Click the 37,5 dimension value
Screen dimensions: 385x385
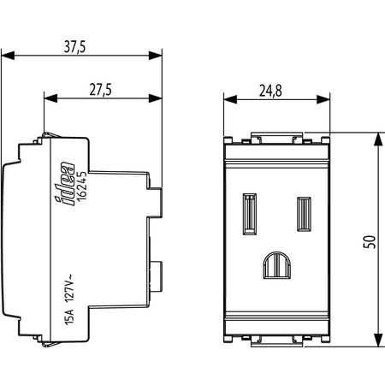[x=74, y=47]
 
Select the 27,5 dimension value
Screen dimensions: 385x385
[x=100, y=90]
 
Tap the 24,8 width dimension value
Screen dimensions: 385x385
[x=270, y=91]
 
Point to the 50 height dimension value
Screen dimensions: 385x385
[x=370, y=242]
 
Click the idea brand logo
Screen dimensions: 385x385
[x=64, y=183]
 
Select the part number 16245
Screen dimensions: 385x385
[x=82, y=186]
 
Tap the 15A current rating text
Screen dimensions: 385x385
[x=69, y=317]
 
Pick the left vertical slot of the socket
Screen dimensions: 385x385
[x=250, y=214]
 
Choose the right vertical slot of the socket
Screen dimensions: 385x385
[x=304, y=214]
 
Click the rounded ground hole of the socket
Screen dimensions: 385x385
[x=277, y=265]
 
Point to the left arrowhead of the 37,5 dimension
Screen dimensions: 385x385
[x=8, y=56]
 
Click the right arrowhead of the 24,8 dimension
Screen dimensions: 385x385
[x=323, y=99]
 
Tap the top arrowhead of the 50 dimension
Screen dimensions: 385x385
[x=378, y=139]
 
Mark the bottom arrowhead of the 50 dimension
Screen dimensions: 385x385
[x=378, y=340]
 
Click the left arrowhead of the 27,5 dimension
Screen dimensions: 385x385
[x=50, y=98]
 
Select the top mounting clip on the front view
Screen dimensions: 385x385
[x=276, y=138]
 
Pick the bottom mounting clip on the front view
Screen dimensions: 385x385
[x=276, y=341]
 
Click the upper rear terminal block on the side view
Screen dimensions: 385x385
[x=155, y=203]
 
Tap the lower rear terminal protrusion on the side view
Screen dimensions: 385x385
[x=156, y=276]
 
